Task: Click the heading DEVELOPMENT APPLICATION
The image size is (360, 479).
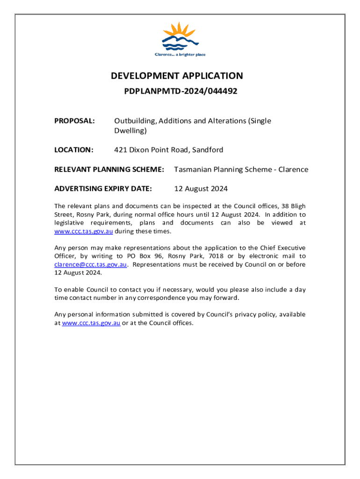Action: click(x=177, y=76)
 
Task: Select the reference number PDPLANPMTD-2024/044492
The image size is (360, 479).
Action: click(x=180, y=91)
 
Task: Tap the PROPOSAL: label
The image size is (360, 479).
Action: click(x=75, y=121)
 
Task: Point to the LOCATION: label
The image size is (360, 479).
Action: click(x=74, y=150)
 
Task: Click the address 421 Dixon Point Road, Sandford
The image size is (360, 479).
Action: click(x=169, y=150)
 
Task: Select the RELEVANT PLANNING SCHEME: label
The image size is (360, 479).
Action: click(x=109, y=170)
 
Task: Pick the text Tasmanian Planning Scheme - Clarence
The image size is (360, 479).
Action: click(x=241, y=170)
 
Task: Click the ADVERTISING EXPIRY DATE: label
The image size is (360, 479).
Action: click(x=103, y=189)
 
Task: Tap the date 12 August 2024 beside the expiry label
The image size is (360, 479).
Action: click(x=201, y=189)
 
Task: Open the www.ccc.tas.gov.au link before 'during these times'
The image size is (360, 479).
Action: click(x=84, y=231)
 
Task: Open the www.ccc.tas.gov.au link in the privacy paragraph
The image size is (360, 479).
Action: click(x=91, y=323)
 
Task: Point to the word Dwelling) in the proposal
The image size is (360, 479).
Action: click(x=130, y=131)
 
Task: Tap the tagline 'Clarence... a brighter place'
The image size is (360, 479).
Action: click(x=180, y=55)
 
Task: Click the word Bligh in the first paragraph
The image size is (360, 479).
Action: click(x=298, y=206)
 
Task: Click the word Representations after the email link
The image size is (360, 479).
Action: click(x=156, y=264)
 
